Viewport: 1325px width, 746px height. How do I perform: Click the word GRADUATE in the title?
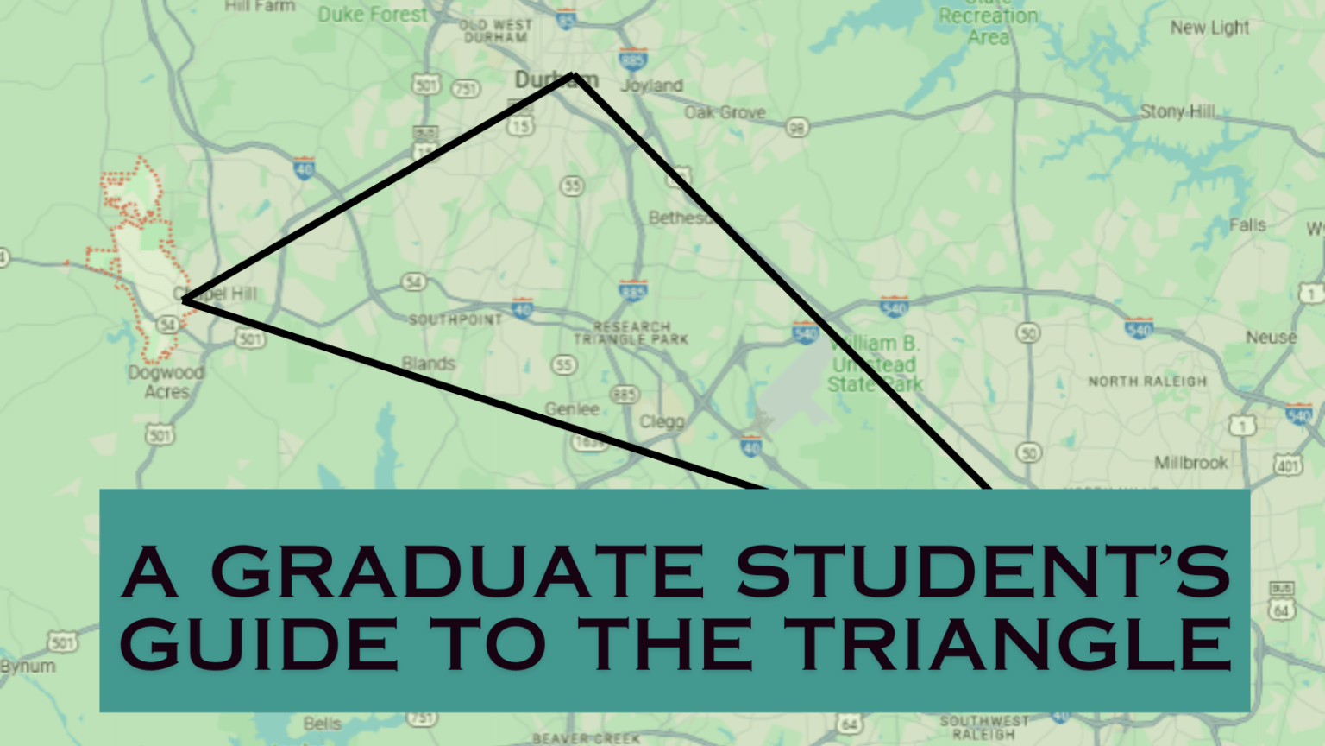point(457,571)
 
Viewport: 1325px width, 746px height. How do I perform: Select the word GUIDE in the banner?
point(260,644)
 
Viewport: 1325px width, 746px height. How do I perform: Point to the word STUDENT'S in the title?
point(983,571)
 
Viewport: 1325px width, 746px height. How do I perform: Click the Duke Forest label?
point(373,15)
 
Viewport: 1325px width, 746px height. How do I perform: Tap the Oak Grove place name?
point(725,112)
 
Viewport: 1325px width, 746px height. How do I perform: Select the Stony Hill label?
point(1177,111)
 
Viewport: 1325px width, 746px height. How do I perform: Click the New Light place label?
point(1209,28)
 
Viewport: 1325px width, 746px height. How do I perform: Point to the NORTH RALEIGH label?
point(1146,382)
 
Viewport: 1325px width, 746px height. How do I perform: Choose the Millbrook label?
point(1190,463)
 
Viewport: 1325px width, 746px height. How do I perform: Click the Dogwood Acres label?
point(166,382)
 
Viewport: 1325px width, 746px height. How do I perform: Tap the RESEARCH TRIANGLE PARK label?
point(631,333)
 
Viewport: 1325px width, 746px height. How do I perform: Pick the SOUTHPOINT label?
point(455,319)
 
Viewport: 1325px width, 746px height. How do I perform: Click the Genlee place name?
point(571,408)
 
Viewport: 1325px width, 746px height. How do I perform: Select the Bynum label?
point(28,667)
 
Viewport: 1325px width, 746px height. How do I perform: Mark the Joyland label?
point(651,85)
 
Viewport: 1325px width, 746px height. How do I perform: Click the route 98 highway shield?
point(797,128)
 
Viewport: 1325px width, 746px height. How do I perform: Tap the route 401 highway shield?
point(1287,466)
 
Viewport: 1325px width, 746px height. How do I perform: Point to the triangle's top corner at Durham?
point(574,76)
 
